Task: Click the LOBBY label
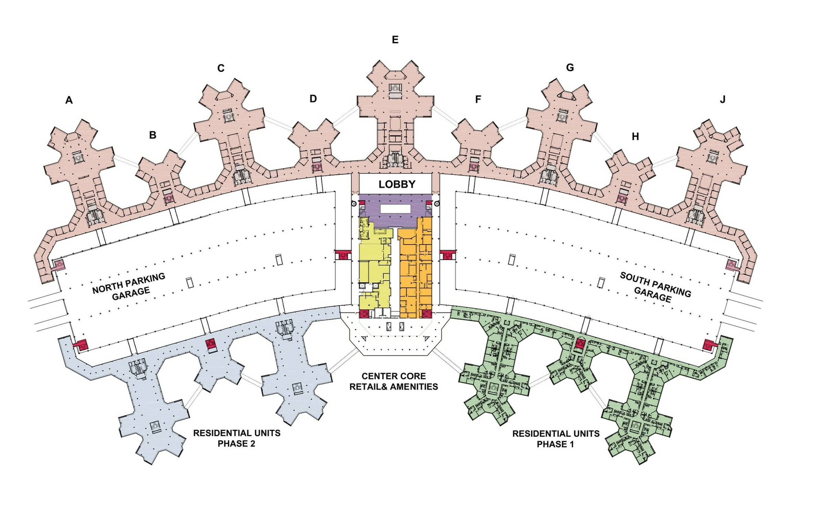pos(397,184)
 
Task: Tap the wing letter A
pos(69,100)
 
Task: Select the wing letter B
pos(153,135)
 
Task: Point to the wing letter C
pos(221,69)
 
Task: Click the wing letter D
pos(313,99)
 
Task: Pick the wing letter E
pos(395,40)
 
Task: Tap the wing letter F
pos(478,99)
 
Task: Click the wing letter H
pos(635,137)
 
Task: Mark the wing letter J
pos(723,100)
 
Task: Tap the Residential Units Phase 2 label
pos(237,438)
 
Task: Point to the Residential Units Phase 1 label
pos(556,439)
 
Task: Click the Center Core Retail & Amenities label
pos(394,381)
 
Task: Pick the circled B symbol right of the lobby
pos(437,204)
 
